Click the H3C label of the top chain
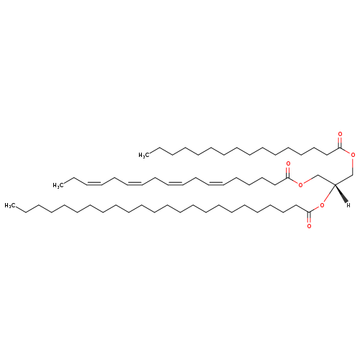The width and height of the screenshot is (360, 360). [144, 156]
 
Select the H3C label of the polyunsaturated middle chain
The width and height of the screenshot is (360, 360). [58, 185]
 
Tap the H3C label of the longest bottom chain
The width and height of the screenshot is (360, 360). [10, 205]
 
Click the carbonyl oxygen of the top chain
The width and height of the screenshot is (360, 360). [340, 134]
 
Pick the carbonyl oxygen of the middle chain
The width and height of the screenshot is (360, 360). [288, 164]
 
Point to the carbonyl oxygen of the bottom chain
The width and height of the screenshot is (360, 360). [309, 226]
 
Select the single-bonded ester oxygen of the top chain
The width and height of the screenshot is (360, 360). [353, 155]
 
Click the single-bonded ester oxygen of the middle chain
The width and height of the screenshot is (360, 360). [301, 184]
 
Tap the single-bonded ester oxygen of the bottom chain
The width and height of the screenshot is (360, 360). [322, 205]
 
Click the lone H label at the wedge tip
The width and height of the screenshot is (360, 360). [348, 205]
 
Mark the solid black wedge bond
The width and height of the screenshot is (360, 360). [341, 193]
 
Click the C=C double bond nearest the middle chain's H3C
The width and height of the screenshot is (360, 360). [94, 184]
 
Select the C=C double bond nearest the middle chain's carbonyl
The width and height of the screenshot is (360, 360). [216, 184]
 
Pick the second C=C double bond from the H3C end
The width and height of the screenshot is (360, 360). [135, 184]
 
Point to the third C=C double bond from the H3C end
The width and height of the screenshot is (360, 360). [176, 184]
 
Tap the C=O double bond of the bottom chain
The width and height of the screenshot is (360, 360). [309, 218]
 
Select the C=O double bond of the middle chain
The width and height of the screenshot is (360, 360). [288, 172]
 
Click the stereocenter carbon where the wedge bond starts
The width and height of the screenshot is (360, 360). [335, 184]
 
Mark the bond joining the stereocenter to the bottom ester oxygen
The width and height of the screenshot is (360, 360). [329, 194]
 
